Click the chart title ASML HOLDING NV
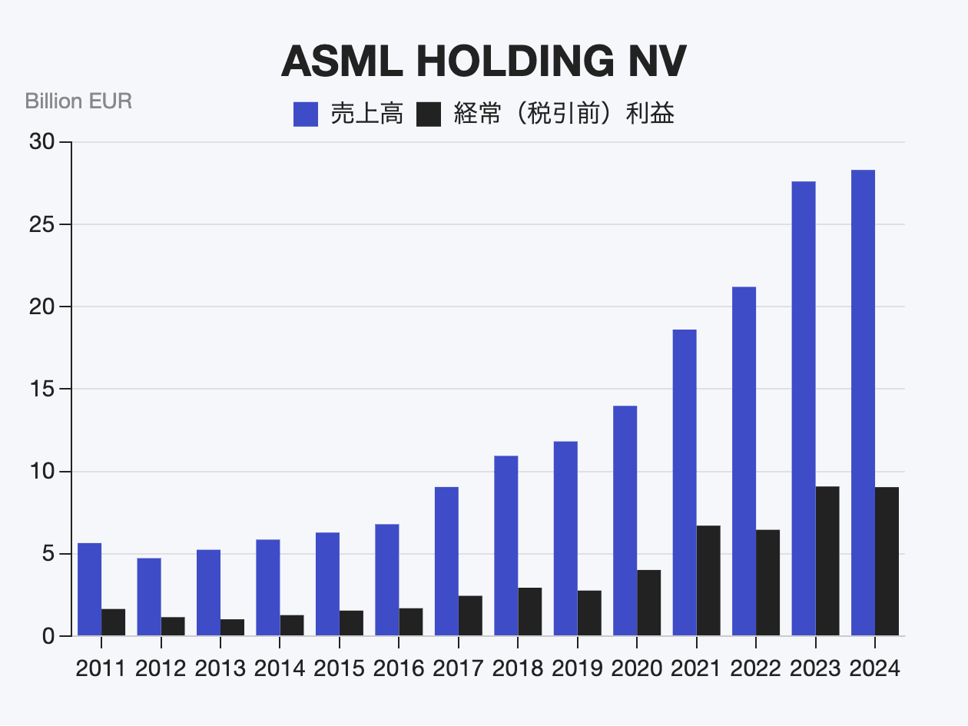[483, 62]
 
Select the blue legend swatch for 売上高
[305, 115]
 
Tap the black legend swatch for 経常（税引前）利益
[429, 115]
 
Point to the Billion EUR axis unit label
[78, 101]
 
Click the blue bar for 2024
[863, 403]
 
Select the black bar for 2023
[827, 561]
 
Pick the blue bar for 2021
[685, 482]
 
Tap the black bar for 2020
[649, 602]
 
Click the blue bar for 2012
[149, 597]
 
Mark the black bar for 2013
[232, 627]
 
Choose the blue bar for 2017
[446, 561]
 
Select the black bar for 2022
[768, 582]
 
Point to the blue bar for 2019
[565, 538]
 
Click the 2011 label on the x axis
[101, 668]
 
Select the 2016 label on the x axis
[399, 668]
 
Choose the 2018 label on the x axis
[518, 668]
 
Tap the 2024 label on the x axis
[874, 668]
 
